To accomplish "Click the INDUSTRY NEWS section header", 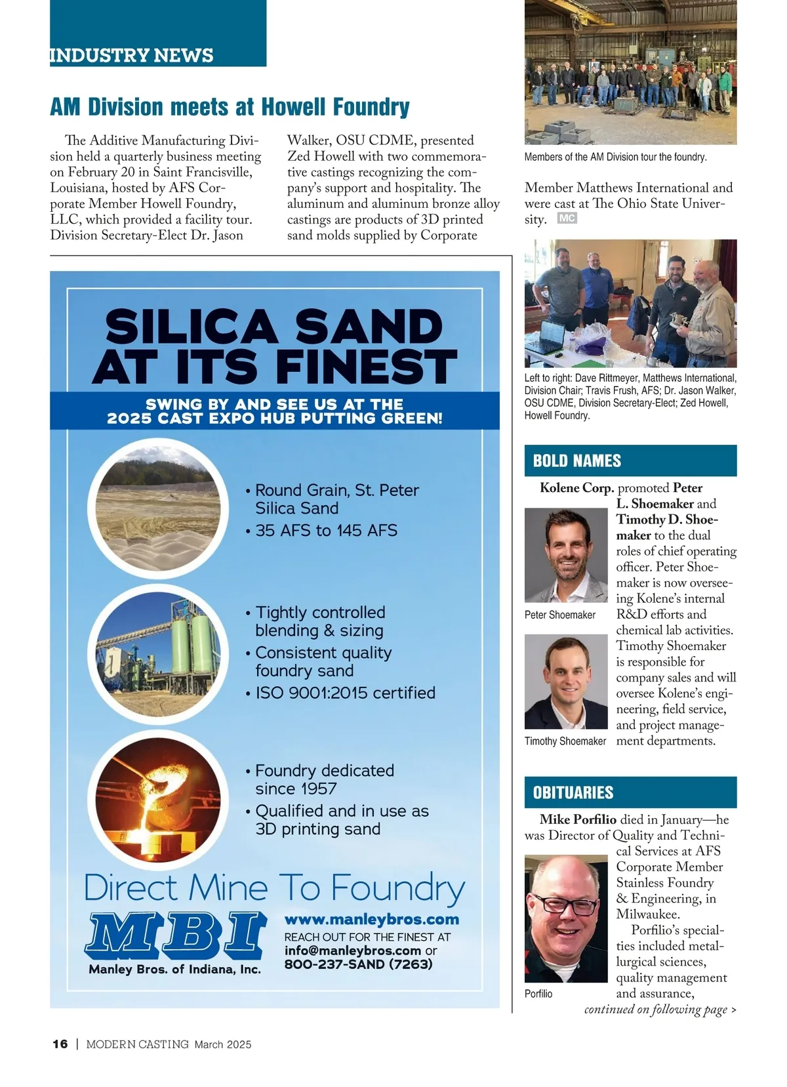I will [x=132, y=55].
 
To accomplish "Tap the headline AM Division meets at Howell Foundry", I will [x=230, y=106].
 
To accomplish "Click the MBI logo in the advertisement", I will [x=175, y=934].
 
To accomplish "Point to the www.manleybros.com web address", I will [x=372, y=919].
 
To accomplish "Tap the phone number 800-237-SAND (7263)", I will [x=358, y=964].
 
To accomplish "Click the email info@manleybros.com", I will [x=353, y=951].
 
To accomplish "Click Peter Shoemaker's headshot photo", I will [x=566, y=556].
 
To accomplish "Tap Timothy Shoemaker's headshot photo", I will [x=566, y=682].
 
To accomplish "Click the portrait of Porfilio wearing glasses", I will [x=566, y=918].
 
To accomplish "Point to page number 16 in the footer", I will [x=60, y=1044].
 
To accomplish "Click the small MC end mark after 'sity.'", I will [x=567, y=218].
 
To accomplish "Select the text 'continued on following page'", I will [x=656, y=1010].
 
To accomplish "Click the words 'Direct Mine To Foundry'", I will [x=275, y=888].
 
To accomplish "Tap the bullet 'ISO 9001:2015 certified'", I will [x=345, y=693].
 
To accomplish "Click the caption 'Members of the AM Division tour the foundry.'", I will [x=615, y=157].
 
